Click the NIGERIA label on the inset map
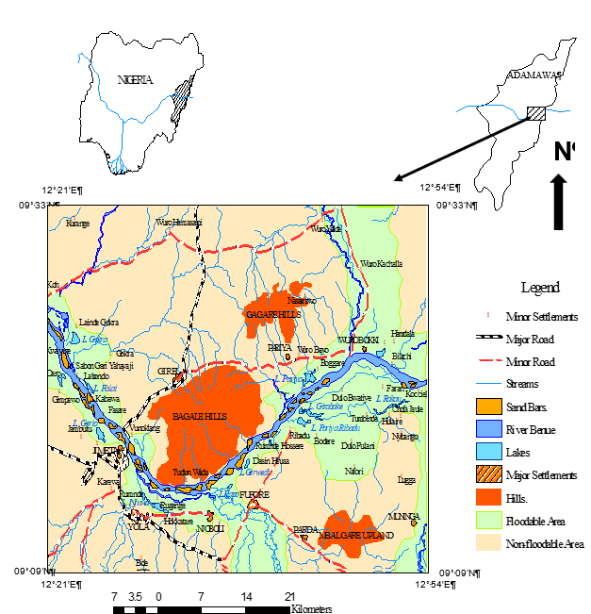point(135,79)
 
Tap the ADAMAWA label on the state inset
point(534,75)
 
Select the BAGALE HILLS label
point(201,415)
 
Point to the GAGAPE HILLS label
point(272,313)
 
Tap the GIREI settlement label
point(169,372)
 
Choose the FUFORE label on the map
point(255,494)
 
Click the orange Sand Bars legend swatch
point(487,407)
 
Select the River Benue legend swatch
point(487,430)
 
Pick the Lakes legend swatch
point(487,453)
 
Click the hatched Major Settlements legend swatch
point(487,475)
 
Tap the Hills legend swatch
point(487,498)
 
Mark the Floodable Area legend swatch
point(487,521)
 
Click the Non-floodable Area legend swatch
point(487,543)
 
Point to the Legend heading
point(539,288)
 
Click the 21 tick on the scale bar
point(290,597)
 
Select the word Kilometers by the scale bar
point(312,610)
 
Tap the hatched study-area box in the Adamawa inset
point(535,113)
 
